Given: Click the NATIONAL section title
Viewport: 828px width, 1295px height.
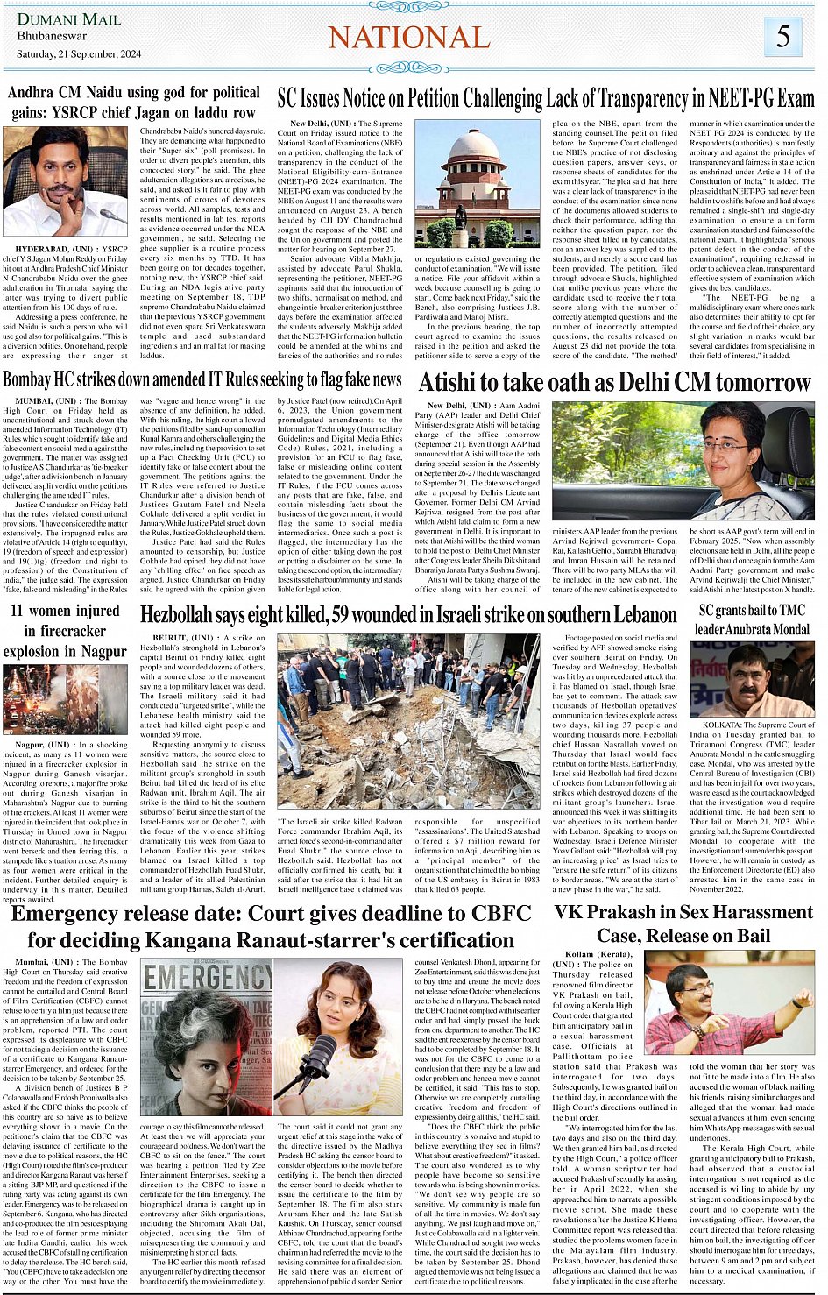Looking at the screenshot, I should [409, 38].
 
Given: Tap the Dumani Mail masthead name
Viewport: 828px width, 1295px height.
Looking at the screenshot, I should [69, 18].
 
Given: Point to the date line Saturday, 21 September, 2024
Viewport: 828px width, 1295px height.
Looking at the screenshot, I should [79, 54].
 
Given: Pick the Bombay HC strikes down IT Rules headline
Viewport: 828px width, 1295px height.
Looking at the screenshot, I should [202, 379].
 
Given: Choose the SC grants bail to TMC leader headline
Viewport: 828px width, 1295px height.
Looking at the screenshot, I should [752, 619].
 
